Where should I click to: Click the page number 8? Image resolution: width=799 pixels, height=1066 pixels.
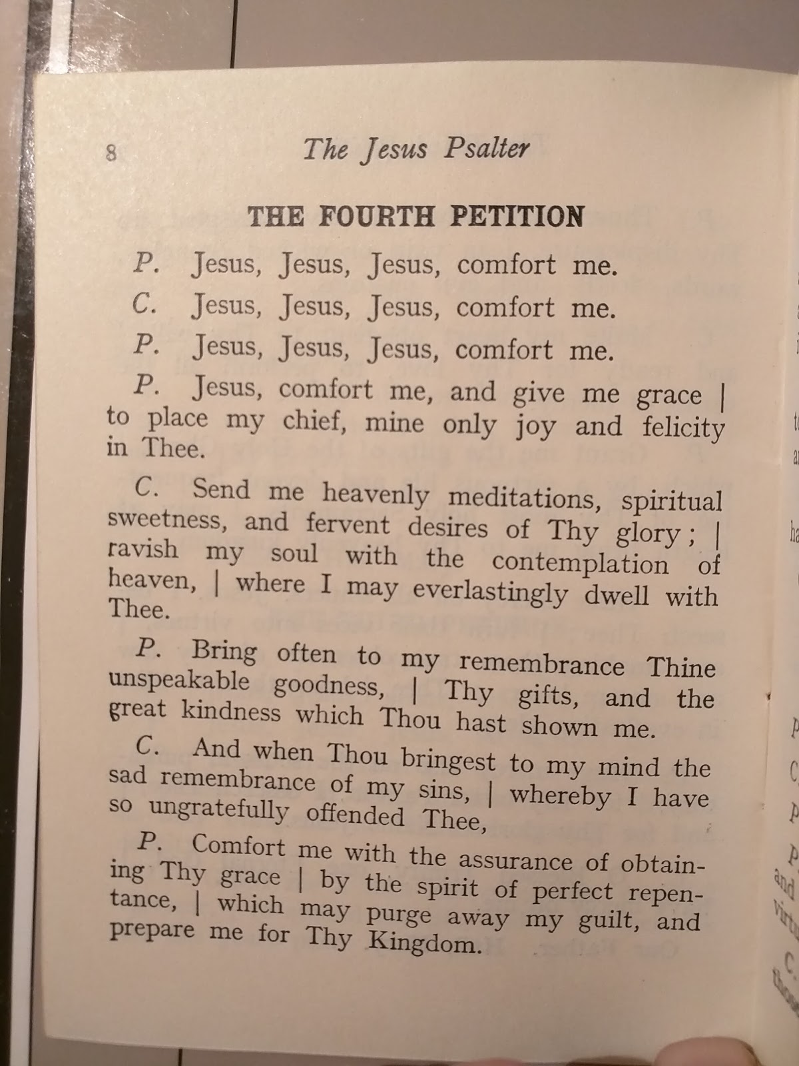pos(111,153)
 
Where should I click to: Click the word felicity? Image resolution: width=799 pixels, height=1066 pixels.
pos(683,428)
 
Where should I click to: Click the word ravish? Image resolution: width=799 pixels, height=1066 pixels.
pos(143,550)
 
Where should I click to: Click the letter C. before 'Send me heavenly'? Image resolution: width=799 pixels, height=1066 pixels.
pos(146,488)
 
